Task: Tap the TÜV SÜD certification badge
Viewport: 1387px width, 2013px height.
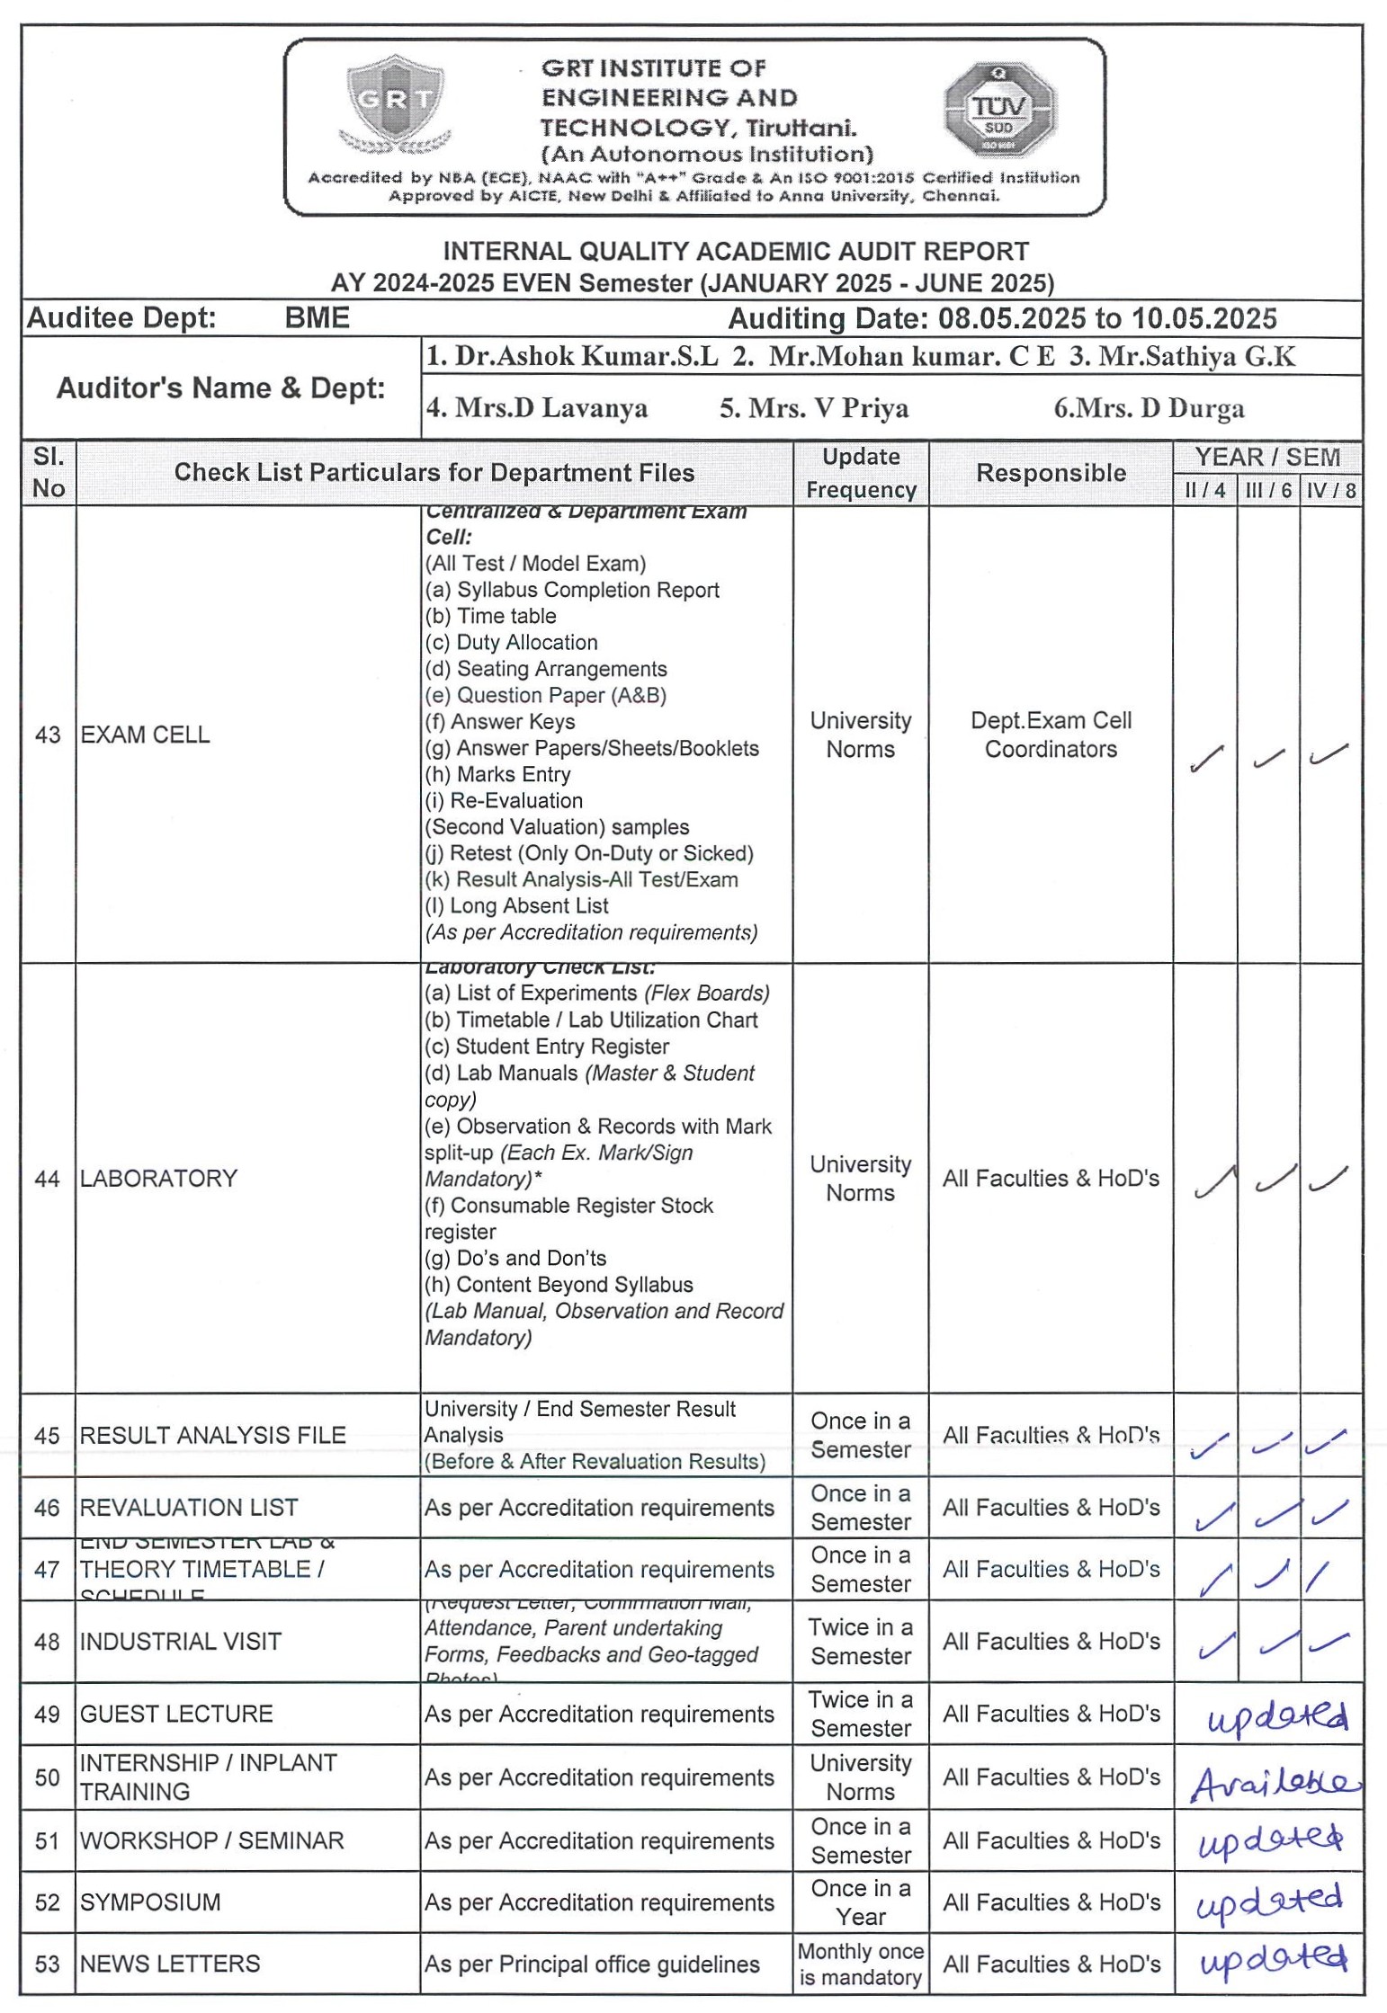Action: tap(999, 111)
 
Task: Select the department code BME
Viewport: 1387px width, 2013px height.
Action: tap(317, 318)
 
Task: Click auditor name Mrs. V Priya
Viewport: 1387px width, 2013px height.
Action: tap(813, 408)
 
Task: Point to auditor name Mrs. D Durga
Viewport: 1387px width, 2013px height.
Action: tap(1149, 408)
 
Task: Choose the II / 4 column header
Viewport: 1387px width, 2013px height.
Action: tap(1204, 490)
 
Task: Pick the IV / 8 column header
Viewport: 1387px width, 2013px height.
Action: tap(1330, 490)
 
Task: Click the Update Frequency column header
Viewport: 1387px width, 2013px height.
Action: tap(861, 473)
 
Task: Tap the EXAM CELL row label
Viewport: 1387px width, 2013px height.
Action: tap(145, 735)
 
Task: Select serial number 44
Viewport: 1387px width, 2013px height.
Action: tap(48, 1179)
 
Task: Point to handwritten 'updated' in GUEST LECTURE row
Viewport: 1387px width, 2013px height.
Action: tap(1276, 1717)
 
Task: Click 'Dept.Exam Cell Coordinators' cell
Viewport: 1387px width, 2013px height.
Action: tap(1051, 735)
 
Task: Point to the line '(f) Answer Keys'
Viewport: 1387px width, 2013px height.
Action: tap(500, 722)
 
